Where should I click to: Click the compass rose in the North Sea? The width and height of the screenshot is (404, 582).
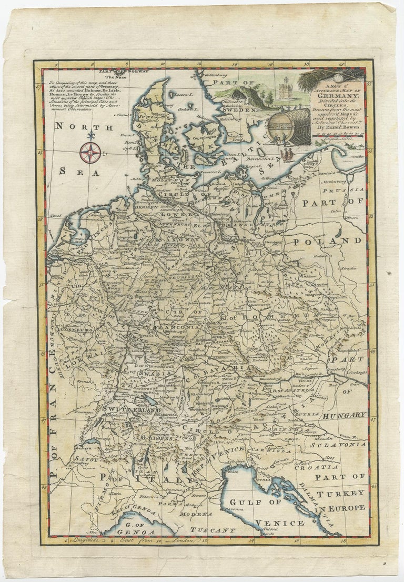click(90, 153)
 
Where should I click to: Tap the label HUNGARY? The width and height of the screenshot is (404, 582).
click(344, 416)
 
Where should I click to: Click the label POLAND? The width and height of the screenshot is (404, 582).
click(337, 240)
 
